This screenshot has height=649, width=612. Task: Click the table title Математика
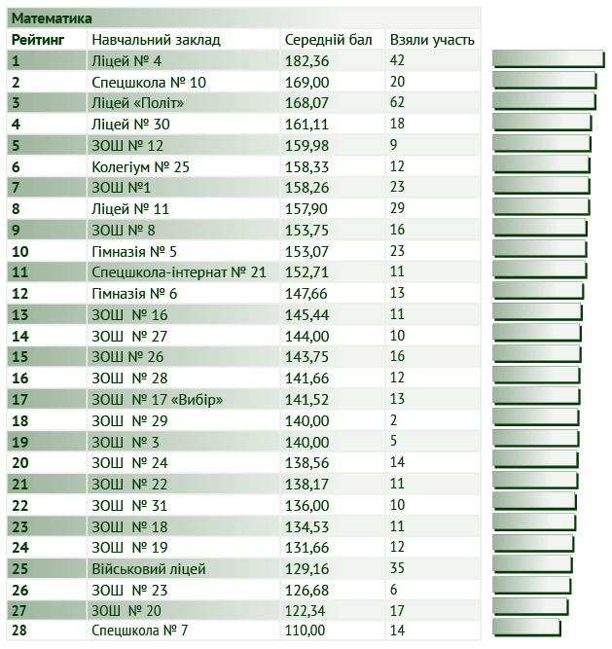coord(52,18)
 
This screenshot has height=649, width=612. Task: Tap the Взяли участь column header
coord(432,40)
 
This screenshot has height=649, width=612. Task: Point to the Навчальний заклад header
coord(156,40)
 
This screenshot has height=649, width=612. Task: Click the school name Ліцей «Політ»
coord(137,103)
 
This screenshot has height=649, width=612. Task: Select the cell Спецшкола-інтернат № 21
coord(178,271)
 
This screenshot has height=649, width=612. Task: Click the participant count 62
coord(397,103)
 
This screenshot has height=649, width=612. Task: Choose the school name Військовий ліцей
coord(148,568)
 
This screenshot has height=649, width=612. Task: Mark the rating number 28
coord(19,631)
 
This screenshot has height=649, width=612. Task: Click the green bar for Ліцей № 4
coord(546,58)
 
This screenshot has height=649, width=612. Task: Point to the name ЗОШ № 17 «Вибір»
coord(157,399)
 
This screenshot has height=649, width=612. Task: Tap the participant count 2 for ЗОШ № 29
coord(393,420)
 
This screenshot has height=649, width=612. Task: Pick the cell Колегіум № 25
coord(140,166)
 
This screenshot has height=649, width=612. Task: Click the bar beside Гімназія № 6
coord(538,291)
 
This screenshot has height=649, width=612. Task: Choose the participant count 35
coord(397,568)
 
